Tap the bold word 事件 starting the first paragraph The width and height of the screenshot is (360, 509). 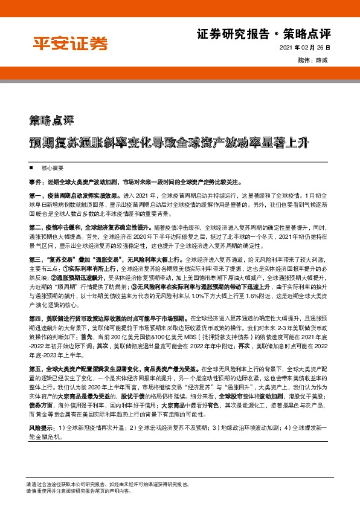point(35,181)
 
